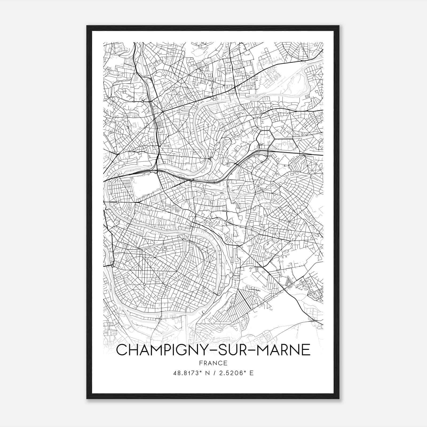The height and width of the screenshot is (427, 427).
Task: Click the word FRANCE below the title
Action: [213, 363]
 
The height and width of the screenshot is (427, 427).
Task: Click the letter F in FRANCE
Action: [200, 363]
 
